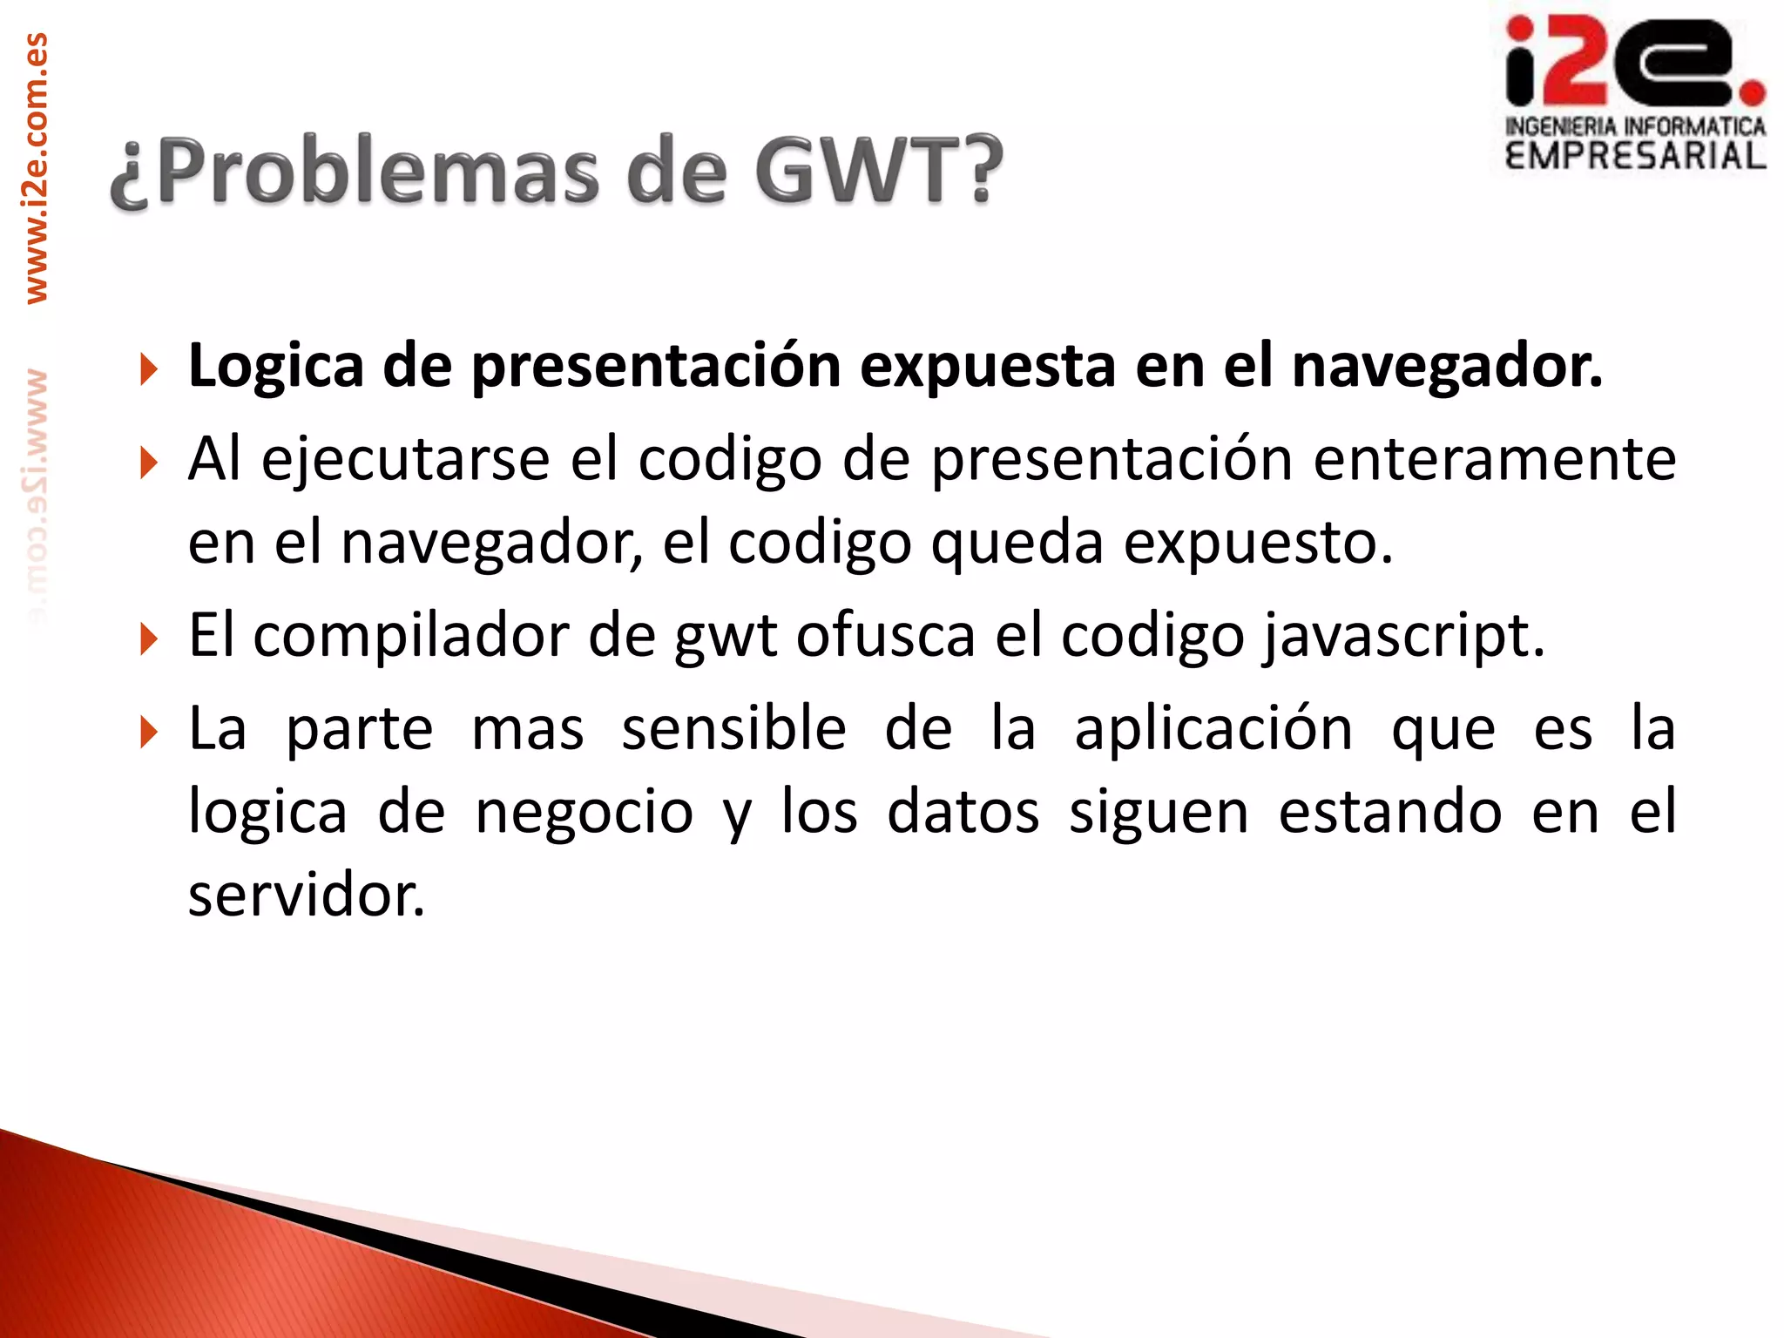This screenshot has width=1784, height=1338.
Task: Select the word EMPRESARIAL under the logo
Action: coord(1635,156)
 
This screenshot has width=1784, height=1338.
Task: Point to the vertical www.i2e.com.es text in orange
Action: coord(37,168)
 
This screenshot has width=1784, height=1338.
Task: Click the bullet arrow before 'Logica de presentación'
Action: coord(149,369)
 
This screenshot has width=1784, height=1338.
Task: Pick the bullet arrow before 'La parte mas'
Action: coord(149,733)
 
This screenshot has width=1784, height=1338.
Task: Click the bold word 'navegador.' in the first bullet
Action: coord(1447,367)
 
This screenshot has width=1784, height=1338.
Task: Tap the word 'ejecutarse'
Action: coord(405,459)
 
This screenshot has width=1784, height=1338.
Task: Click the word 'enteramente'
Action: coord(1494,459)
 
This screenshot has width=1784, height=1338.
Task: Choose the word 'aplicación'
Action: coord(1213,728)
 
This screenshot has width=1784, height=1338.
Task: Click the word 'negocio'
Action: coord(585,812)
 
